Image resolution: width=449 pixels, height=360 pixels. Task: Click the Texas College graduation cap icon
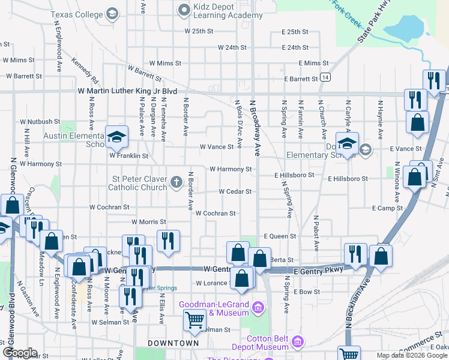click(x=112, y=13)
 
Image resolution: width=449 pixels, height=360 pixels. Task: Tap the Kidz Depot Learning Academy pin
click(x=184, y=9)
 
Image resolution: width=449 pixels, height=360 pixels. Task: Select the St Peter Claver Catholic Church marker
click(x=176, y=182)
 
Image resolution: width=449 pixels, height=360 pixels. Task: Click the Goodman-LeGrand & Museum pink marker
click(x=258, y=308)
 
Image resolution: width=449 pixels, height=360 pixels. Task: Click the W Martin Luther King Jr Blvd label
click(x=127, y=91)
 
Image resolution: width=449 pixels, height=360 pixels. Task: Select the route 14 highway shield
click(x=325, y=78)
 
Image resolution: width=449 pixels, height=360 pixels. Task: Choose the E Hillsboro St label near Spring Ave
click(x=295, y=175)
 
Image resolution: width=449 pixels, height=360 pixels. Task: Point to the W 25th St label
click(x=199, y=31)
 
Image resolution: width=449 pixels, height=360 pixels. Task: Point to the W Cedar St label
click(x=235, y=192)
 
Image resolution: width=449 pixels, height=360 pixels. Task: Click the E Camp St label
click(x=387, y=208)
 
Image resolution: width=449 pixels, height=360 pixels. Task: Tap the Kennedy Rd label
click(x=85, y=70)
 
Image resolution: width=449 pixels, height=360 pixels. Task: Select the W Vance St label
click(x=216, y=147)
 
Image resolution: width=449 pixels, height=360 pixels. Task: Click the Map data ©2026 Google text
click(x=412, y=355)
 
